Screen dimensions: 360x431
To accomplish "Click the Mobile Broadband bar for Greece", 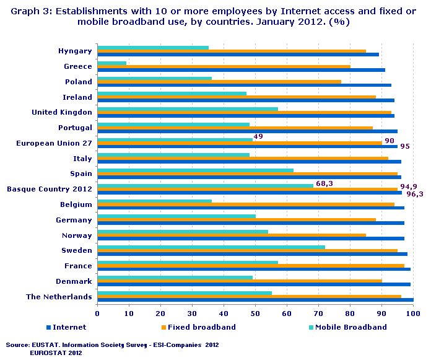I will click(x=112, y=63).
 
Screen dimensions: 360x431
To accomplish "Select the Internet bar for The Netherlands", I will click(x=255, y=300).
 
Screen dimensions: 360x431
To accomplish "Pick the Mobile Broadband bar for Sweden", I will click(x=211, y=247).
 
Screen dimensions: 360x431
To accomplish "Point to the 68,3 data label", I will click(x=325, y=183).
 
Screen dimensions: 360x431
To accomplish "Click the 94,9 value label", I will click(x=409, y=187).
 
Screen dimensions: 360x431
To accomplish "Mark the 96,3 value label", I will click(x=414, y=194).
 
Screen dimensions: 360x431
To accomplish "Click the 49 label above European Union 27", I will click(x=258, y=136).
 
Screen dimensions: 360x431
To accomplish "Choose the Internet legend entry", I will click(x=66, y=327).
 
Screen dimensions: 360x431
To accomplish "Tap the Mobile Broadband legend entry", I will click(x=350, y=327).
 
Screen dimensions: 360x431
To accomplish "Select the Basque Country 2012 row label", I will click(x=50, y=189).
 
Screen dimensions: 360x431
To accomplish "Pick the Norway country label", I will click(x=77, y=235).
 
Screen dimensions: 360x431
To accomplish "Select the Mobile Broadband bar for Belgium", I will click(x=154, y=201).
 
